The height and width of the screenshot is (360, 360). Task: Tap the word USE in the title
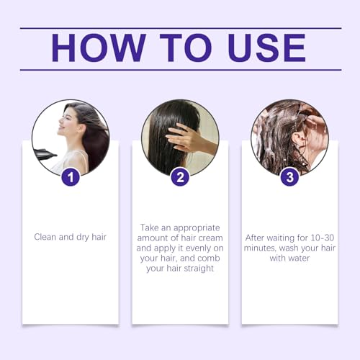[259, 48]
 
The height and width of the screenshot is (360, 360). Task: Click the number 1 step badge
[71, 176]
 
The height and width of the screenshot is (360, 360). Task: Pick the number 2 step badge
[180, 176]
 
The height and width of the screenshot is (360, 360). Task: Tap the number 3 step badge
[289, 176]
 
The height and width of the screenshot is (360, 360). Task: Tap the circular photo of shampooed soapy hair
[289, 137]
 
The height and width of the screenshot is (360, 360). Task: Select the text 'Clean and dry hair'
[70, 235]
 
